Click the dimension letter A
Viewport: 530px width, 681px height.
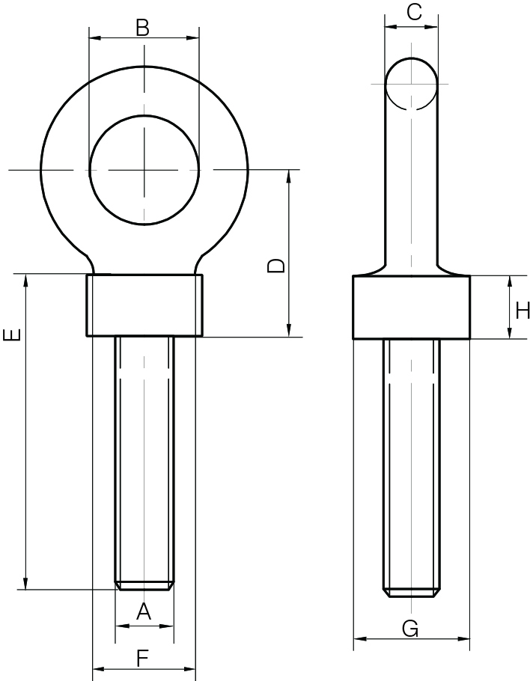[x=144, y=612]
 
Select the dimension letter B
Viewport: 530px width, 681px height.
[x=142, y=28]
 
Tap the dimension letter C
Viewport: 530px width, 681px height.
[x=415, y=12]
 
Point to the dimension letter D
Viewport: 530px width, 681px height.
[x=276, y=266]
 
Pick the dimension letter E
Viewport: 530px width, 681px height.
[x=12, y=335]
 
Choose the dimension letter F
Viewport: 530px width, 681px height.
[x=142, y=659]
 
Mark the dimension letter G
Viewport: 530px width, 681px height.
[x=410, y=629]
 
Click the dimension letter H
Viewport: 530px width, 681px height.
[x=523, y=311]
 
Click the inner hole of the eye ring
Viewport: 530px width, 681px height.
[x=144, y=170]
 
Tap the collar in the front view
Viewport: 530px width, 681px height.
[x=144, y=305]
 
